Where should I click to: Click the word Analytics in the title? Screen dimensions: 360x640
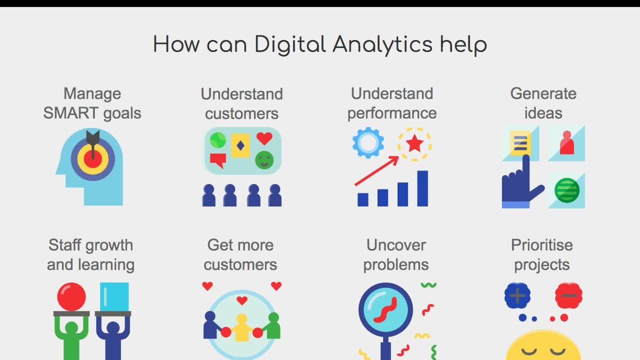coord(382,44)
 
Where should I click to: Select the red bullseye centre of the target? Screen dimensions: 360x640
coord(93,159)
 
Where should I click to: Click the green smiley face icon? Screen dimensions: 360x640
coord(264,160)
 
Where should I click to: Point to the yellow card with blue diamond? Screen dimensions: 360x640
coord(240,145)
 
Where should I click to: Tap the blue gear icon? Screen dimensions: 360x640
coord(368,142)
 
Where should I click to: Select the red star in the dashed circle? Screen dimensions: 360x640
coord(414,144)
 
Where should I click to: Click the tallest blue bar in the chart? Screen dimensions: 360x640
coord(422,188)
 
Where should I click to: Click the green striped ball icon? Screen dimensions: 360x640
coord(567,190)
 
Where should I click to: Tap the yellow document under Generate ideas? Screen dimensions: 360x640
coord(520,142)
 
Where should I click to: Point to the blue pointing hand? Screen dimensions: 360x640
coord(519,184)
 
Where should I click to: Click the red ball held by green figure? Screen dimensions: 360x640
coord(71,296)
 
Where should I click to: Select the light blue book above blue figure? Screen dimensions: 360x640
coord(114,296)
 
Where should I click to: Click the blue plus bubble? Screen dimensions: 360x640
coord(517,295)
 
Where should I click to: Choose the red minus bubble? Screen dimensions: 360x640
coord(568,295)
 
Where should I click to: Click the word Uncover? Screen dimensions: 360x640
coord(396,245)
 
